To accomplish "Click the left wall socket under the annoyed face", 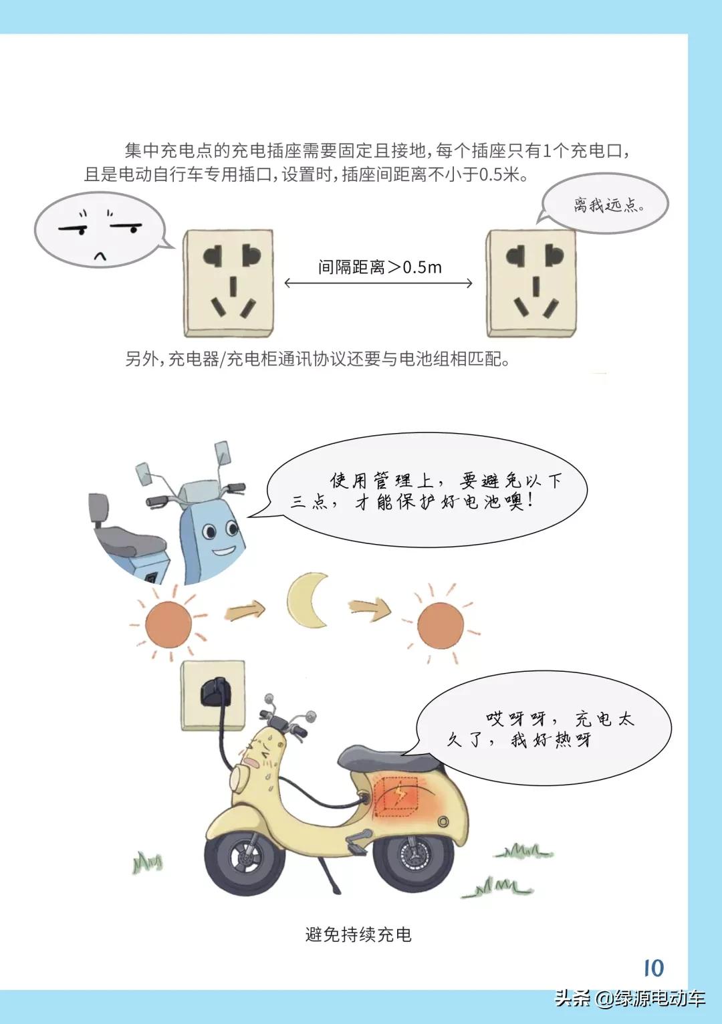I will click(x=229, y=283).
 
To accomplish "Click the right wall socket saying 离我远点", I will click(x=531, y=283).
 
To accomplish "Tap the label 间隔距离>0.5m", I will click(x=380, y=267).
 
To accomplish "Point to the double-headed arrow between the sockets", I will click(x=378, y=283).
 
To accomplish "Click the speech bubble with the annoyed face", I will click(x=100, y=231).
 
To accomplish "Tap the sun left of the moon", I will click(x=168, y=624).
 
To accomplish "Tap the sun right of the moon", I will click(x=439, y=624).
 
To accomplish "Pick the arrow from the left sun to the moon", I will click(x=245, y=610).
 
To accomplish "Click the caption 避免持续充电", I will click(x=358, y=934).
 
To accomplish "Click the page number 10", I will click(x=653, y=968).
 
